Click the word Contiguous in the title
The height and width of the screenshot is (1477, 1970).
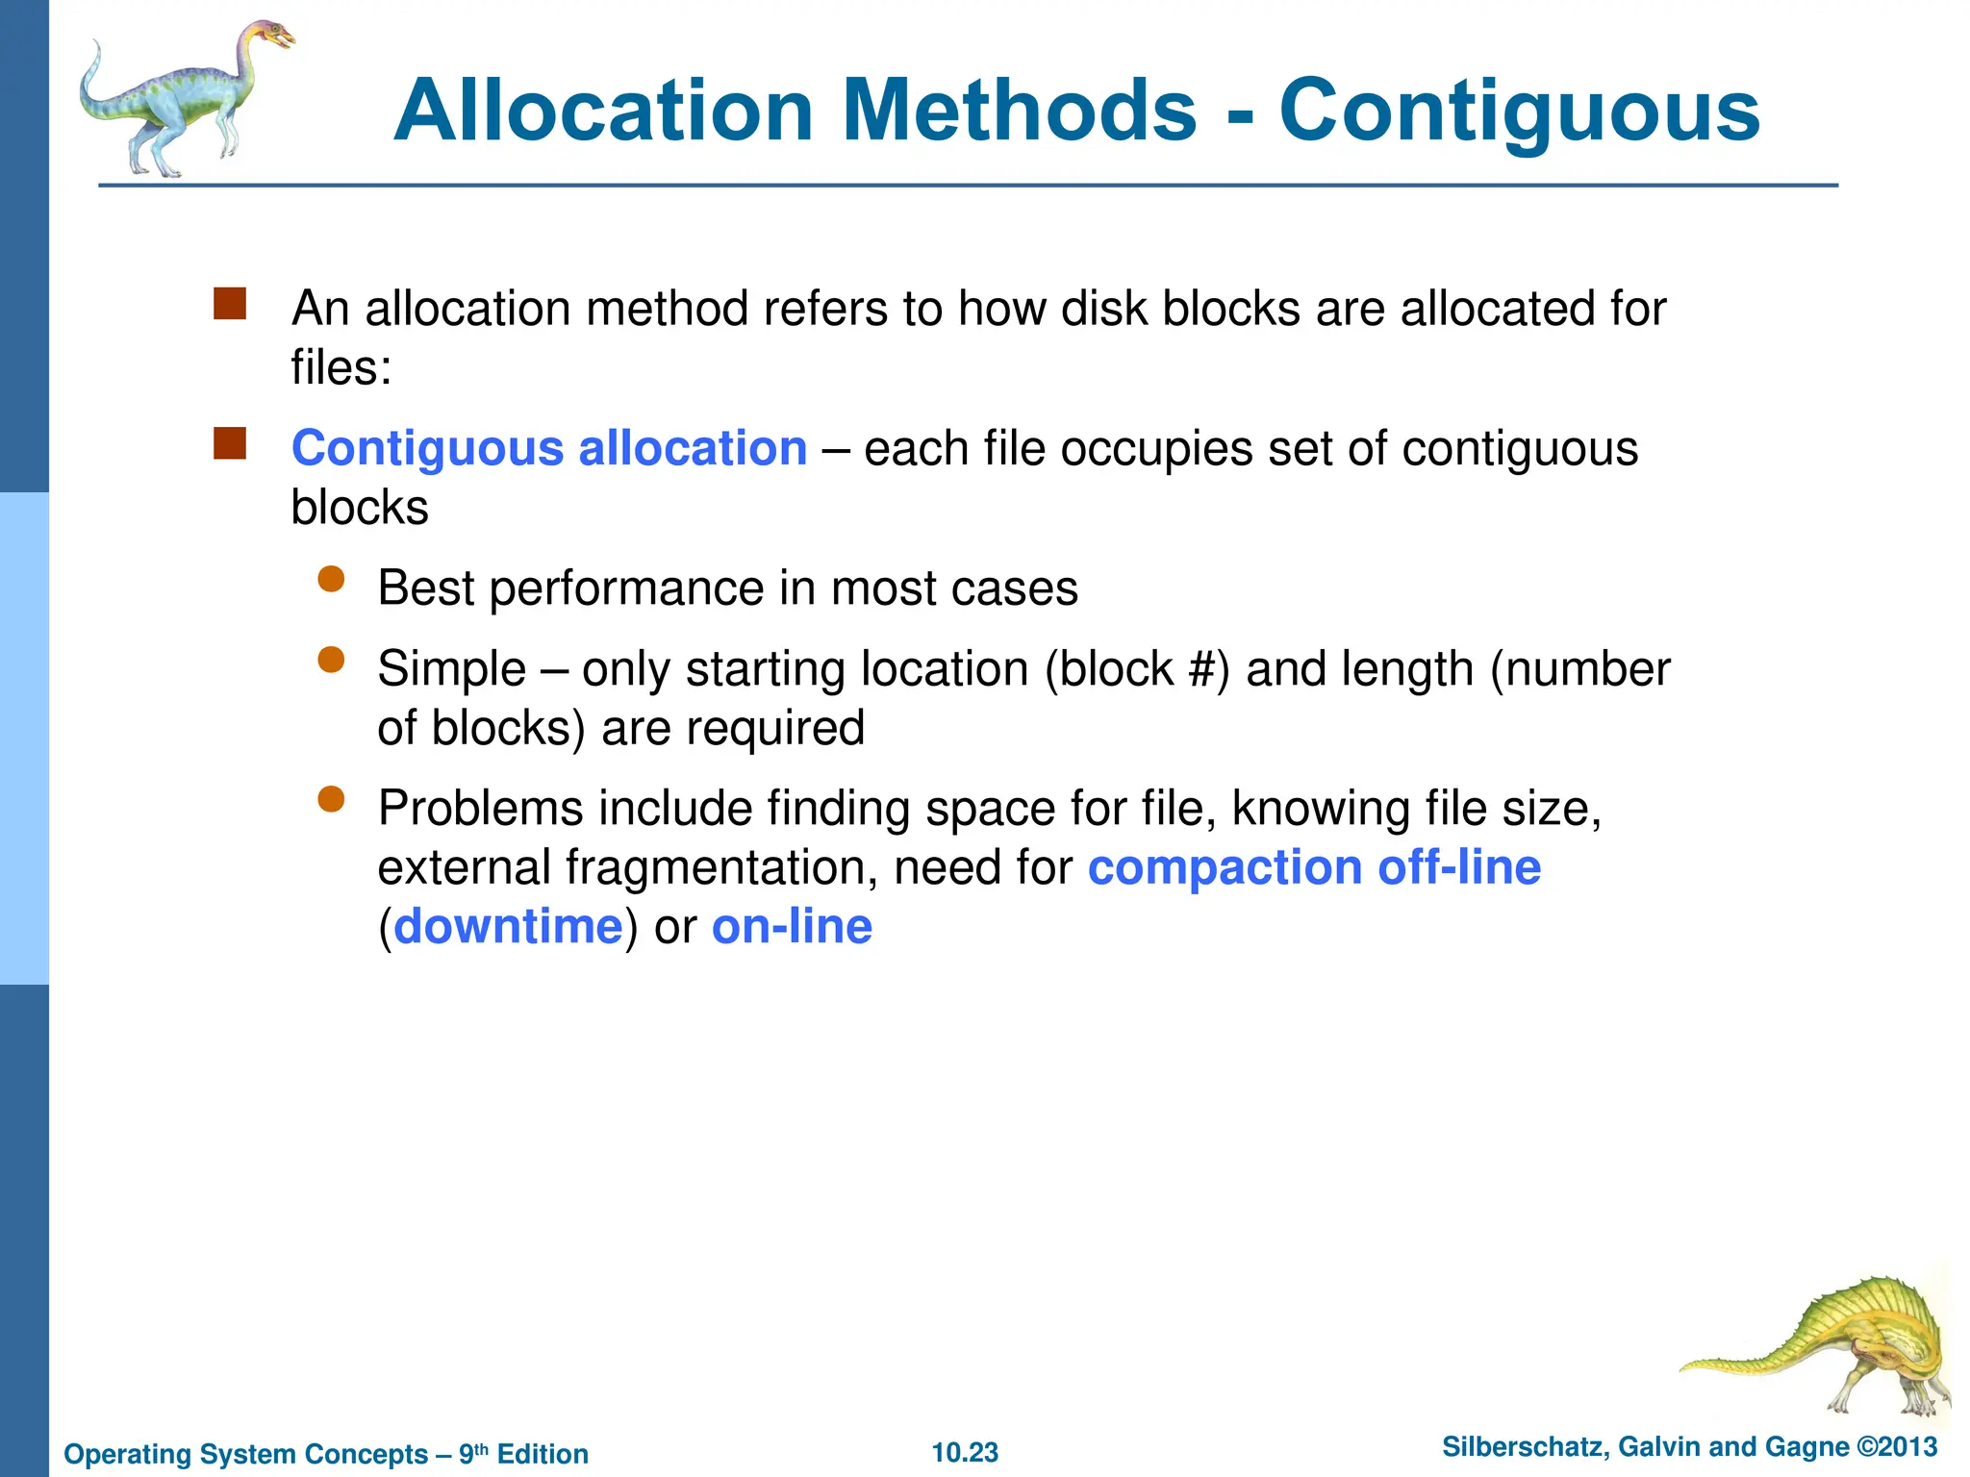1519,113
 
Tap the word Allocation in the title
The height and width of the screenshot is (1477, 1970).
604,113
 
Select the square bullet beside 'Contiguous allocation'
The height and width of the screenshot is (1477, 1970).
230,443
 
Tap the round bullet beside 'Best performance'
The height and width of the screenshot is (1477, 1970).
331,579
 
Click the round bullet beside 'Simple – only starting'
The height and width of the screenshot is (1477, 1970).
331,660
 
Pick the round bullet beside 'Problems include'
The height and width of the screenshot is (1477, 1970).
331,799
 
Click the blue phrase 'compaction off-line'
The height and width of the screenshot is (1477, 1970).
1314,867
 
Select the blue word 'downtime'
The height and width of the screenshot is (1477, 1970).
508,927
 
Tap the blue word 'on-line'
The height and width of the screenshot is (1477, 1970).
792,927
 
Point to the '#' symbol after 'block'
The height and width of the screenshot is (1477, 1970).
1202,669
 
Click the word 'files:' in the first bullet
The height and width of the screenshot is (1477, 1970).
341,367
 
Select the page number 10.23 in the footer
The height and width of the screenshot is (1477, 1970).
965,1453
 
